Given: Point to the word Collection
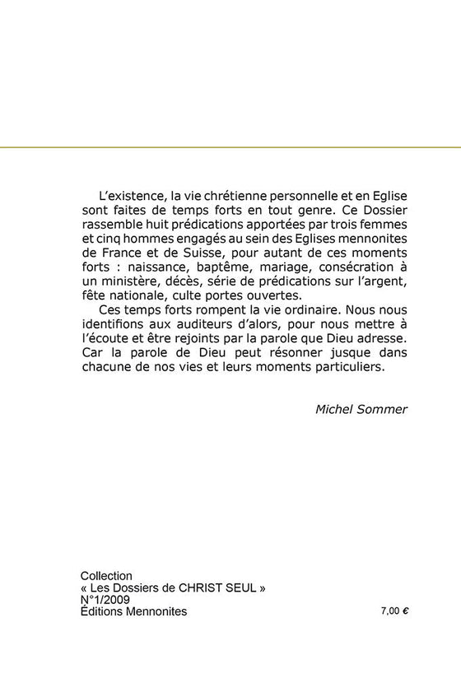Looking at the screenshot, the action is (106, 575).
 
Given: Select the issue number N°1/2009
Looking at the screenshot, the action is (105, 600).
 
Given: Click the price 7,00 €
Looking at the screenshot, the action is (395, 612).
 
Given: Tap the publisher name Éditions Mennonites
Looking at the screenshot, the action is (133, 612).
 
